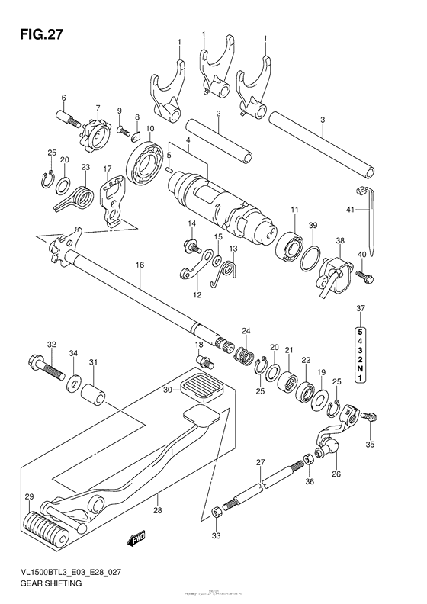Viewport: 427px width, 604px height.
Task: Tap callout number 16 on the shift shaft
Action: tap(140, 265)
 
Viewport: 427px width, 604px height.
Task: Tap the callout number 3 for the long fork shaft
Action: tap(323, 120)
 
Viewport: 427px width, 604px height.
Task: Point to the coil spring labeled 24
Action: tap(244, 354)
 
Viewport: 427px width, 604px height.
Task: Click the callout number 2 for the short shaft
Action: tap(217, 114)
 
